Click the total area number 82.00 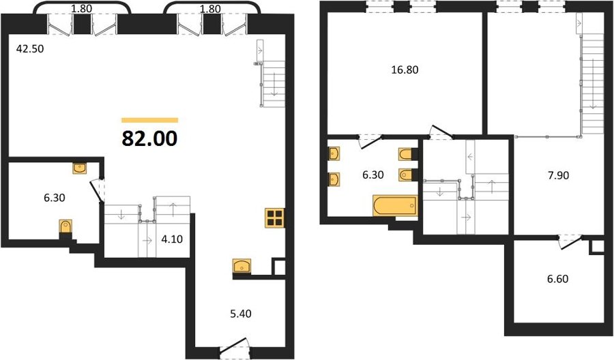point(149,138)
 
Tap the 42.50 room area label point(30,49)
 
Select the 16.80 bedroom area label point(405,70)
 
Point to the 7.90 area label point(558,175)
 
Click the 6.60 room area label point(557,279)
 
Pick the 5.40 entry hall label point(240,314)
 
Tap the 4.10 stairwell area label point(172,239)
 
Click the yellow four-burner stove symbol point(275,218)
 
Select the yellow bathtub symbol point(395,205)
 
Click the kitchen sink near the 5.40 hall point(242,266)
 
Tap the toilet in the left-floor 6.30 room point(65,226)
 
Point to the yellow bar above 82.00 point(149,120)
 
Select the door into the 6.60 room point(570,241)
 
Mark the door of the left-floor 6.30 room point(98,190)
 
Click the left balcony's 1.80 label point(81,9)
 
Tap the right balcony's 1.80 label point(211,9)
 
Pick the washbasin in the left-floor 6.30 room point(80,168)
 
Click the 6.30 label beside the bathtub point(372,175)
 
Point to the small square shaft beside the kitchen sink point(279,267)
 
